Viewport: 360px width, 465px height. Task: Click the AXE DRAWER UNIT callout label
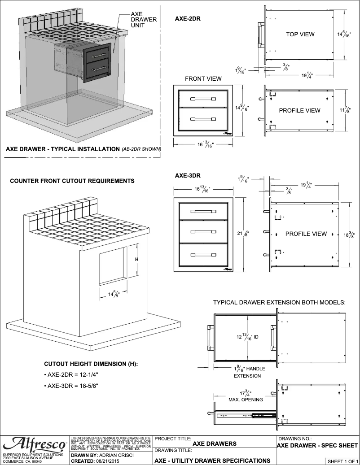pyautogui.click(x=143, y=20)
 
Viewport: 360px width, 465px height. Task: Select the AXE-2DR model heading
pyautogui.click(x=188, y=19)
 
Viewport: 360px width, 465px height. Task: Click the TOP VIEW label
pyautogui.click(x=300, y=34)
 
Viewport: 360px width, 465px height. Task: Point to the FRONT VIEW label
pyautogui.click(x=203, y=78)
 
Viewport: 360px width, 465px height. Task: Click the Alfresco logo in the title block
pyautogui.click(x=35, y=444)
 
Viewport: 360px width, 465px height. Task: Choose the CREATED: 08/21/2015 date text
pyautogui.click(x=94, y=461)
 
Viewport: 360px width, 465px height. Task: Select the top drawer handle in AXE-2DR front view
pyautogui.click(x=203, y=98)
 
